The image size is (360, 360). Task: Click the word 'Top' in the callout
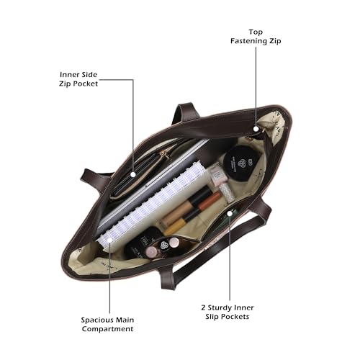(x=256, y=32)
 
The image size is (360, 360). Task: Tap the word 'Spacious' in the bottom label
(x=97, y=320)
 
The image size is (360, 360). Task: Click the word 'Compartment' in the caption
(x=107, y=329)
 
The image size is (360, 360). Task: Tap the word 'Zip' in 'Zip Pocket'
(x=65, y=84)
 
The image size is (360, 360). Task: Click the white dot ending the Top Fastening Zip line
(x=256, y=129)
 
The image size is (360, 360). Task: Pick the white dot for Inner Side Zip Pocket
(x=133, y=174)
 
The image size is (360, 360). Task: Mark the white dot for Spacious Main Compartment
(x=109, y=240)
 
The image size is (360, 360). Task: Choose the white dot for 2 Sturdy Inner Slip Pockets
(x=230, y=213)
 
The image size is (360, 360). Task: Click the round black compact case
(x=242, y=163)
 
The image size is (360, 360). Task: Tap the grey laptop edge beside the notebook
(x=150, y=182)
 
